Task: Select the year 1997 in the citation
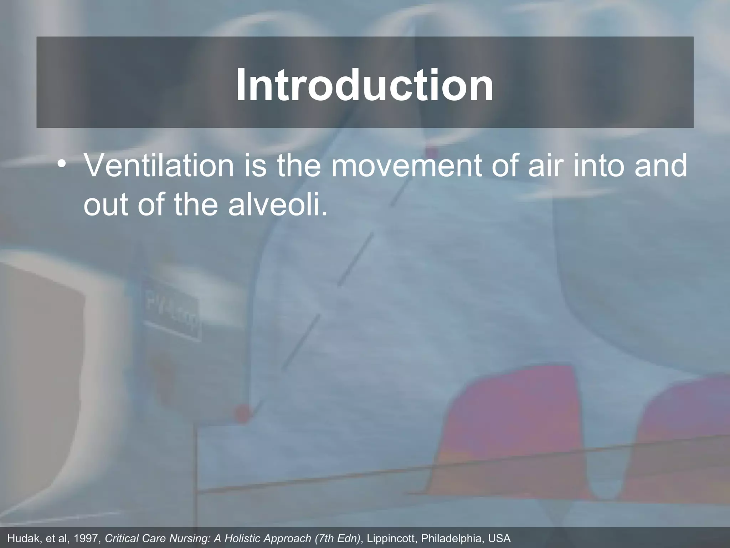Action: [x=87, y=538]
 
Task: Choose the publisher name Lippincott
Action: [x=391, y=538]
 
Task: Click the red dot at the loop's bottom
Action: [x=242, y=414]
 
